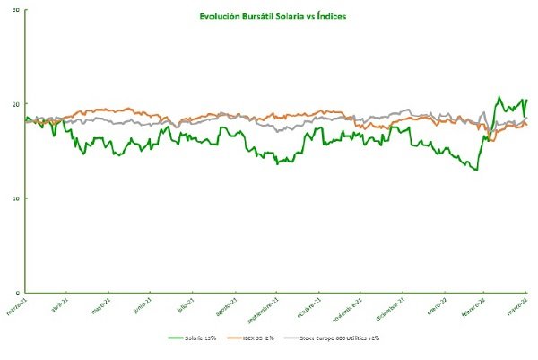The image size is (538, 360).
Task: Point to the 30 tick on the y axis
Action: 16,9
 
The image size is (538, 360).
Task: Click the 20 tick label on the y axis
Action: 16,103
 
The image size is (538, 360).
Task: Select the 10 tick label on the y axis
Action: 16,198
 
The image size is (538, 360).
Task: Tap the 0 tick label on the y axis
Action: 18,292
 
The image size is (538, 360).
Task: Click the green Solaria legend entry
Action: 194,338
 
